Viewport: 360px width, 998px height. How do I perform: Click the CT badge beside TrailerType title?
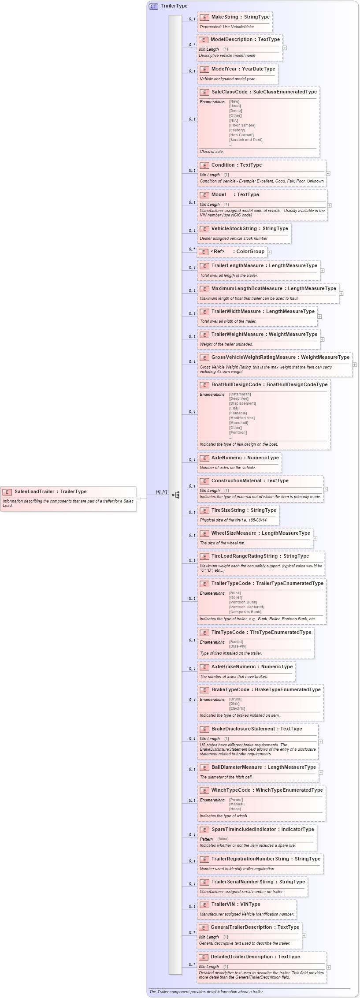[153, 6]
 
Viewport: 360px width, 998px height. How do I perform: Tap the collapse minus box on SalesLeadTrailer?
[138, 499]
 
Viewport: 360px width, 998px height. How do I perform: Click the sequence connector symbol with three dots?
[176, 495]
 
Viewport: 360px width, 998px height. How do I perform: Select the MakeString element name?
[225, 17]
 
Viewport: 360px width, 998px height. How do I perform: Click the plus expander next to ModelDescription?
[285, 48]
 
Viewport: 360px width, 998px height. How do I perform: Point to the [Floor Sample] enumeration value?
[242, 125]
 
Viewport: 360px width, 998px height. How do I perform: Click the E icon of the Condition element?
[204, 165]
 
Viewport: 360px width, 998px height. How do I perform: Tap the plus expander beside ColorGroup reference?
[269, 252]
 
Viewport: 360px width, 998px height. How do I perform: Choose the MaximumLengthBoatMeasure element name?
[247, 288]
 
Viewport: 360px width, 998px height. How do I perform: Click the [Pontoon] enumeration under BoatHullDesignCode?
[238, 432]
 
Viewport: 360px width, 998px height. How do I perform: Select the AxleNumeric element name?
[226, 458]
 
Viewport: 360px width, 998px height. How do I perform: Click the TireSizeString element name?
[228, 510]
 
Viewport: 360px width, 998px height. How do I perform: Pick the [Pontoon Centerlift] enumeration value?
[246, 607]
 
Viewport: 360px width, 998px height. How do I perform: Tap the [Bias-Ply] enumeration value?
[238, 646]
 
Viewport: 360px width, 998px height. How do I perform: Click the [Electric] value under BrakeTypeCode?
[237, 708]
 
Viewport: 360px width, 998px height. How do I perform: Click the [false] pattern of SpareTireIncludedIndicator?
[223, 839]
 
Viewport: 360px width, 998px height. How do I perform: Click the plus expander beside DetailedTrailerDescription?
[329, 967]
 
